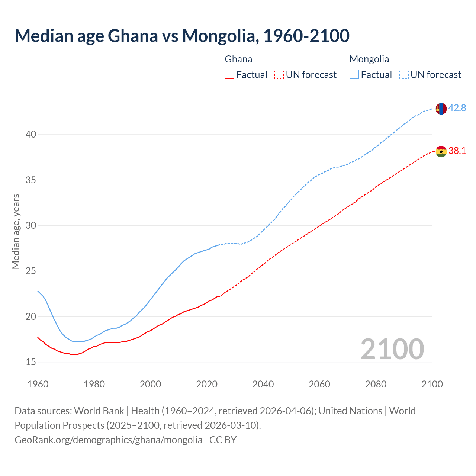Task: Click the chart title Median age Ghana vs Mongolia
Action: [182, 36]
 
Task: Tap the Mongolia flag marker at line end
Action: [441, 109]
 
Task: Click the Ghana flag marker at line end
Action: [441, 151]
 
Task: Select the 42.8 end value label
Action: [457, 108]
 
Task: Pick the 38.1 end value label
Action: [457, 151]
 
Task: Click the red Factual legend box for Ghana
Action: [229, 75]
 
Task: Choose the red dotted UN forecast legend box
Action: [279, 75]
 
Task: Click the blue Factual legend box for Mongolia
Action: [354, 75]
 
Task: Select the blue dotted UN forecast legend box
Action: [403, 75]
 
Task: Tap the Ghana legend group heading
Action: [238, 59]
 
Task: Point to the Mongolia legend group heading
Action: [369, 59]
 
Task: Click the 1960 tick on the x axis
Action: [38, 384]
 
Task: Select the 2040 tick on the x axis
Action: [263, 384]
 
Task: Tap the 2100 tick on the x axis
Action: [432, 384]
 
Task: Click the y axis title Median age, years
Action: [16, 231]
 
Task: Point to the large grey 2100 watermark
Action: [392, 349]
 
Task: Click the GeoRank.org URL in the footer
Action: [108, 440]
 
